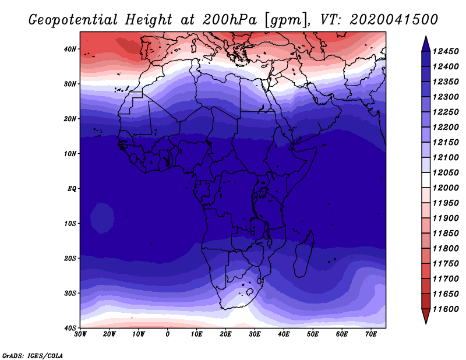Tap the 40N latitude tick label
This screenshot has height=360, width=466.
pos(70,49)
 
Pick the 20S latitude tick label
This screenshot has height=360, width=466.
pos(70,258)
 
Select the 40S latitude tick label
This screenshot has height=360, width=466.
pos(70,328)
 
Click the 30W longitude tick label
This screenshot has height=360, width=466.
pos(80,334)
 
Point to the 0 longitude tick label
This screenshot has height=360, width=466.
pos(168,334)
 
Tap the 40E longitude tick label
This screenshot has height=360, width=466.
pos(284,334)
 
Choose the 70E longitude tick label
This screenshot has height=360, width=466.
pos(371,334)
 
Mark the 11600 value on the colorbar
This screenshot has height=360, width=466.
pos(447,309)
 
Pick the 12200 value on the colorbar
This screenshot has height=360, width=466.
pos(447,126)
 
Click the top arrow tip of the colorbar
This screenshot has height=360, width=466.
pos(426,37)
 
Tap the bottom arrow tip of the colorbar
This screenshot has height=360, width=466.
pos(426,322)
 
